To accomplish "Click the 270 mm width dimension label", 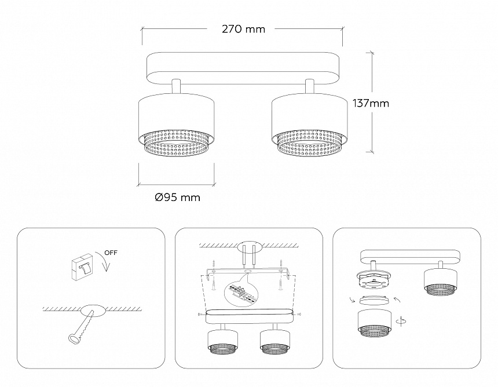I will pos(243,29).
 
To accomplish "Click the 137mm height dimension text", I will pos(371,104).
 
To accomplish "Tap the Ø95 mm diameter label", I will pos(177,198).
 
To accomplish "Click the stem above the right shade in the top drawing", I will pos(310,86).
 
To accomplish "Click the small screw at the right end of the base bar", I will pos(297,314).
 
